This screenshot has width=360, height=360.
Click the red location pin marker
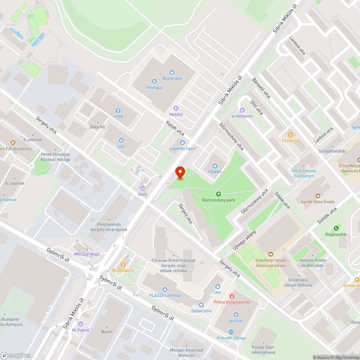pos(180,172)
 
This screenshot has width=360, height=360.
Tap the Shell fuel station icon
pos(143,188)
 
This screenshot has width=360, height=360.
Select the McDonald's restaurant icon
pos(123,264)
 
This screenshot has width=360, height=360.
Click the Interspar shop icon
pos(154,81)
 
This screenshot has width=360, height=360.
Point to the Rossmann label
pos(172,78)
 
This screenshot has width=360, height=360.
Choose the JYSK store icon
pos(118,110)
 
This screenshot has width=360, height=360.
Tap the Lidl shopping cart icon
pos(121,140)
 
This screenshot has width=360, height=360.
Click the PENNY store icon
pos(215,166)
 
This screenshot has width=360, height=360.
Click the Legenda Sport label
pos(183,149)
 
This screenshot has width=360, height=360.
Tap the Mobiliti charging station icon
pos(176,108)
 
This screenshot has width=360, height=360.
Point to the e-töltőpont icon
pos(242,110)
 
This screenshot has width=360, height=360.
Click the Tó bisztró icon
pos(291,134)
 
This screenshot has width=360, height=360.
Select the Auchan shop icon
pos(236,314)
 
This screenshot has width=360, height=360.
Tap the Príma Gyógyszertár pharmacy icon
pos(231,296)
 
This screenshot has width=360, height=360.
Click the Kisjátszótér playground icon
pos(336,228)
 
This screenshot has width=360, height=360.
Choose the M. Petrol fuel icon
pos(80,324)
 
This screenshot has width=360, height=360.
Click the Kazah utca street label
pos(175,128)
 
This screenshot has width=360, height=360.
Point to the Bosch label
pos(107,332)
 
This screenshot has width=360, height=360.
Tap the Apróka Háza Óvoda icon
pos(318,195)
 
